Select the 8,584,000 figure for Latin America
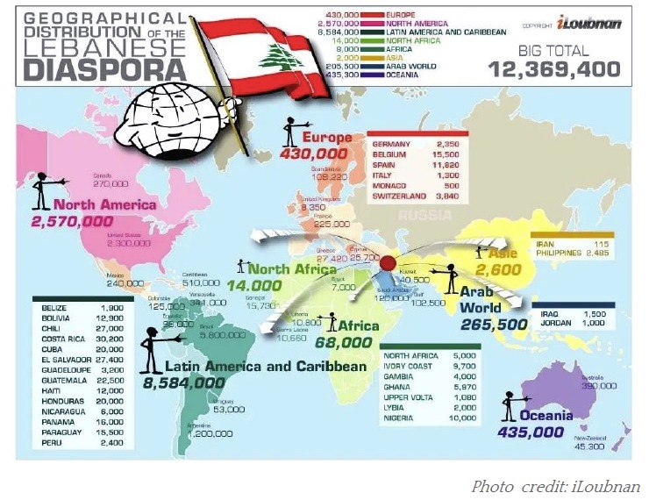(x=184, y=383)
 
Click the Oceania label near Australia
(x=545, y=415)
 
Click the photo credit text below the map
(x=555, y=486)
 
